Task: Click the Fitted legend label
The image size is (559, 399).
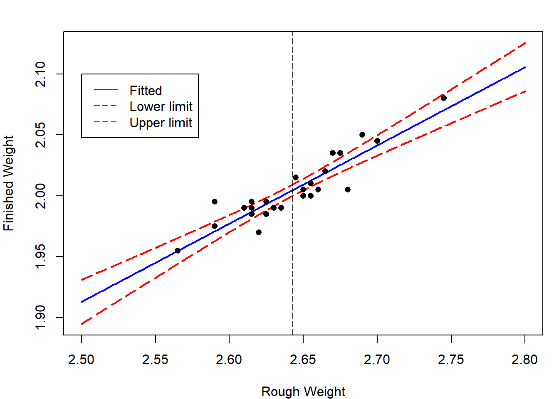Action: pyautogui.click(x=146, y=91)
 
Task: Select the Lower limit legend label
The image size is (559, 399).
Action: pyautogui.click(x=161, y=107)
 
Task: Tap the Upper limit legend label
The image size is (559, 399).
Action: pyautogui.click(x=161, y=123)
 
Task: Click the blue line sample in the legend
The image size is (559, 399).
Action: pyautogui.click(x=106, y=90)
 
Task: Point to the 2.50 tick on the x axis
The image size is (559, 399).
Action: pyautogui.click(x=82, y=360)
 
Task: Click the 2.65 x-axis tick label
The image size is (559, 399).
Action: pyautogui.click(x=303, y=360)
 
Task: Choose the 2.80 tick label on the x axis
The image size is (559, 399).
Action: pyautogui.click(x=525, y=360)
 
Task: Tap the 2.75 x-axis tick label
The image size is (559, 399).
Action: pyautogui.click(x=451, y=360)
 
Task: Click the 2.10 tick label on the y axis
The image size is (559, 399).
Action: pyautogui.click(x=41, y=74)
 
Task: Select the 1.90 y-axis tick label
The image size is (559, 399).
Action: pyautogui.click(x=41, y=318)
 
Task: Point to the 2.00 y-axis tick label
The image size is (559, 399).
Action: pyautogui.click(x=41, y=196)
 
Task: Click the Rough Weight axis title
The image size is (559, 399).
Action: pyautogui.click(x=303, y=392)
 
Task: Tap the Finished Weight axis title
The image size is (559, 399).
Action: pyautogui.click(x=9, y=183)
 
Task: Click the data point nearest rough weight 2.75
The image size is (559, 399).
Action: pyautogui.click(x=444, y=98)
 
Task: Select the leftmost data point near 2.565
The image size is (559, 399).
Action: pyautogui.click(x=178, y=251)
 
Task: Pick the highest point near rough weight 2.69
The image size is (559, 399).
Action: pyautogui.click(x=362, y=135)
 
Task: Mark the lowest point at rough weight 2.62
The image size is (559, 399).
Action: pyautogui.click(x=259, y=232)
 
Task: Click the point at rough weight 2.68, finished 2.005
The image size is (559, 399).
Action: pyautogui.click(x=348, y=190)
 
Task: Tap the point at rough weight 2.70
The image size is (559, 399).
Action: pyautogui.click(x=377, y=141)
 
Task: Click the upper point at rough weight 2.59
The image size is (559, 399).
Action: pyautogui.click(x=215, y=202)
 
